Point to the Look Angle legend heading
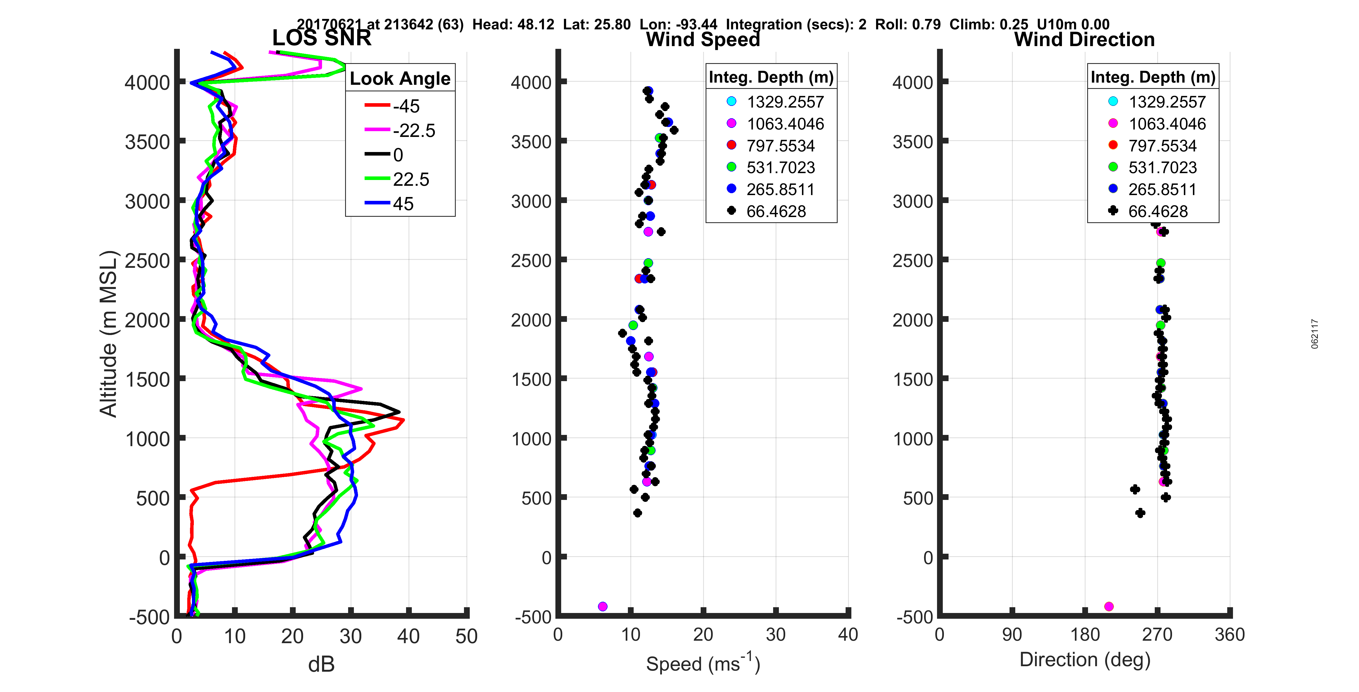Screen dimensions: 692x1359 [x=400, y=78]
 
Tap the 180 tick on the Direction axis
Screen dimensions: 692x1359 [x=1085, y=634]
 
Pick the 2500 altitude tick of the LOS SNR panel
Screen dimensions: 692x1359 [x=147, y=261]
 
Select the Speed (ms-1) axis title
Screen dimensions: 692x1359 [x=703, y=663]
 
